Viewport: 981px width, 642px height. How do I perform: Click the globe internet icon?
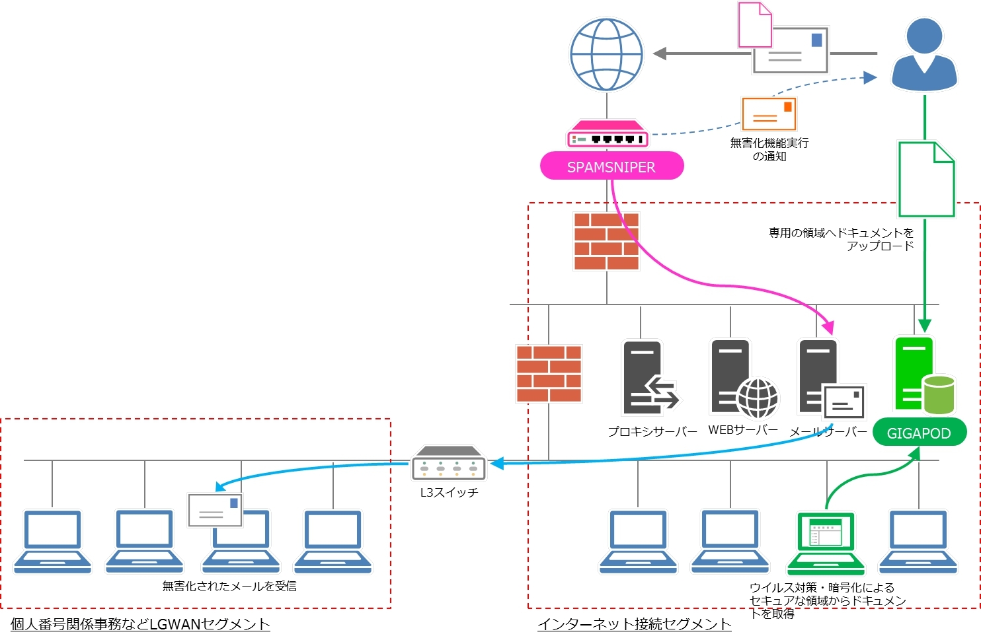click(606, 54)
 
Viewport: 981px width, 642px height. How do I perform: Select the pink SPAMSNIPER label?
click(611, 166)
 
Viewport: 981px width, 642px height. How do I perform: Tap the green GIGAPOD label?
click(919, 433)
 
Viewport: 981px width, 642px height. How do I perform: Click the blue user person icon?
click(924, 55)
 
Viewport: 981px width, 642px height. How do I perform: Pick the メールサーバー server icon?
click(830, 379)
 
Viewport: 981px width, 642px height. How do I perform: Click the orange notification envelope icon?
click(768, 114)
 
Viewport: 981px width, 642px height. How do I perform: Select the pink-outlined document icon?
click(755, 25)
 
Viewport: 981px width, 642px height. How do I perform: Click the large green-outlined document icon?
click(926, 180)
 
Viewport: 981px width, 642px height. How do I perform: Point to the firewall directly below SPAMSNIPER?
click(606, 241)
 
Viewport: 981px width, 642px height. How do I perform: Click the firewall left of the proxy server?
click(549, 374)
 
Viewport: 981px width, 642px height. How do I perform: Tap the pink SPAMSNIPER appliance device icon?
click(607, 135)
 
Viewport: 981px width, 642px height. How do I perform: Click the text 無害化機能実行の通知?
click(769, 149)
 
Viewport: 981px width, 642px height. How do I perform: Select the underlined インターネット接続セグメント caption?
click(634, 624)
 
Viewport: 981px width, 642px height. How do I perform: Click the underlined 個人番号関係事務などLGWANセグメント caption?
click(140, 624)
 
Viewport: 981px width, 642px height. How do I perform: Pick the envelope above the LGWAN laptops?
click(215, 510)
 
